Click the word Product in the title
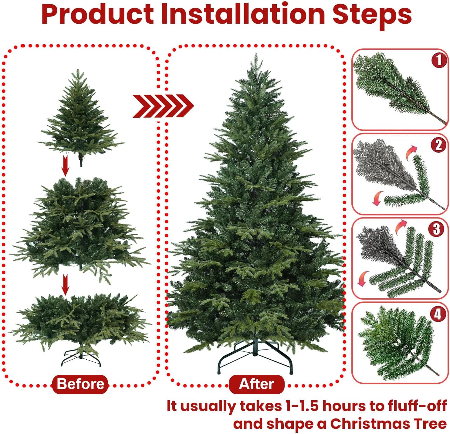(98, 14)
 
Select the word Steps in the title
(372, 16)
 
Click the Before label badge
(80, 384)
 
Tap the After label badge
(256, 384)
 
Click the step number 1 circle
(439, 60)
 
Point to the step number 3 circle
(436, 229)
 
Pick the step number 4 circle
(438, 314)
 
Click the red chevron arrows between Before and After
(163, 106)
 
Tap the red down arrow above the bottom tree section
(66, 285)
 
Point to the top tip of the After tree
(255, 53)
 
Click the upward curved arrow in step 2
(411, 153)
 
